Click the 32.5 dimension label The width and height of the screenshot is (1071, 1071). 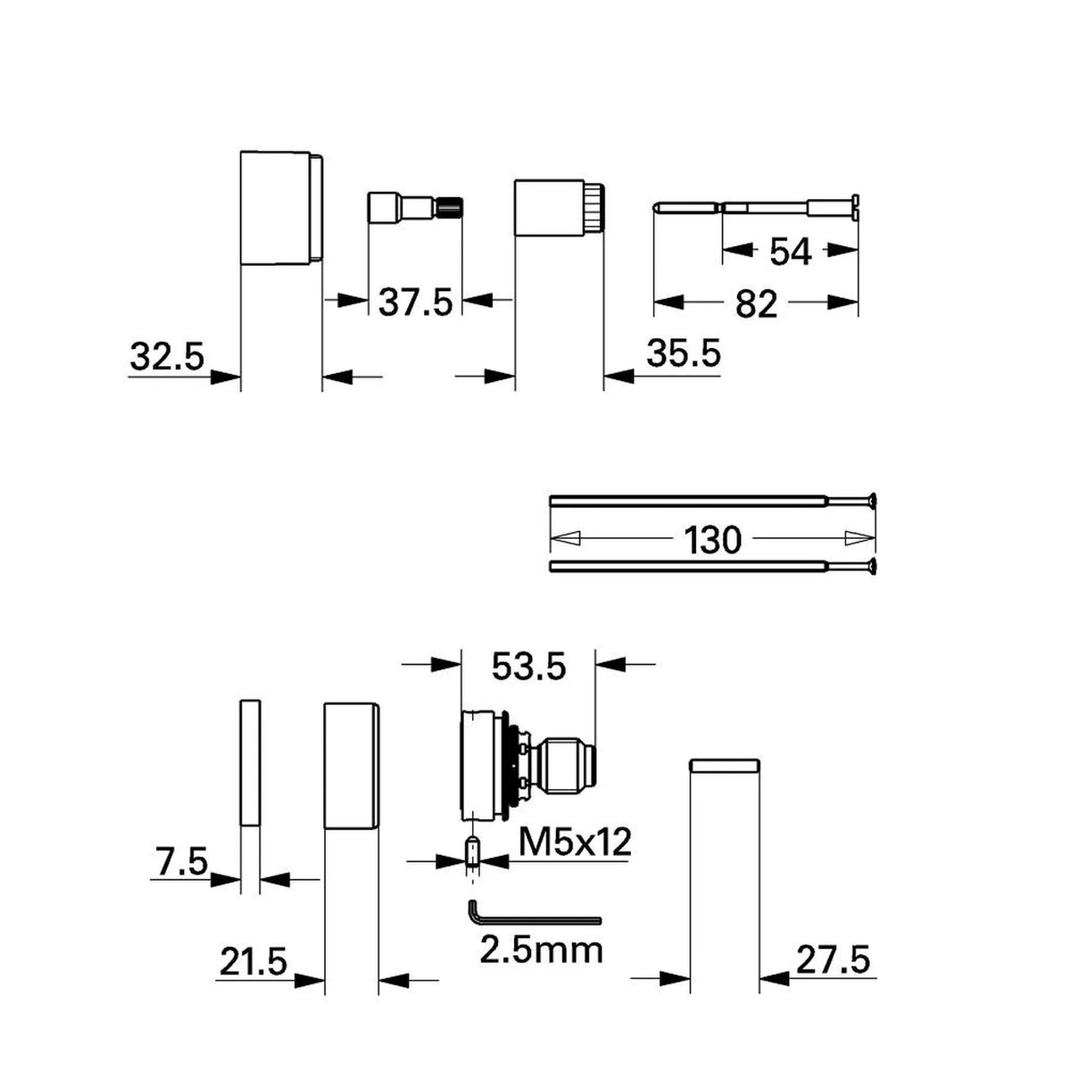pos(167,356)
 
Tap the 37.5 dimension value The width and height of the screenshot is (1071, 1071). pos(416,303)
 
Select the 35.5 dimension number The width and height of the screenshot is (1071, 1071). pos(684,353)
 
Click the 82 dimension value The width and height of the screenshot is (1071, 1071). pos(756,304)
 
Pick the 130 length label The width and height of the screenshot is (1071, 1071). pos(712,540)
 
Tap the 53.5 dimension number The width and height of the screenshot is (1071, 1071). pos(528,666)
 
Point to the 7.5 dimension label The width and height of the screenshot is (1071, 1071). pos(179,862)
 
